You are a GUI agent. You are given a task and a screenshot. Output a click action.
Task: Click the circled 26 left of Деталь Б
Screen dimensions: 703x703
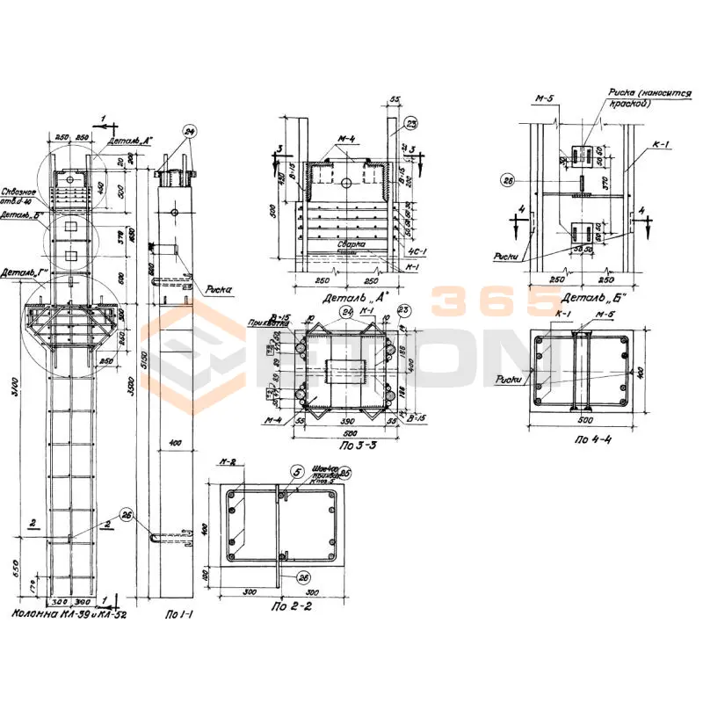click(x=506, y=182)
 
